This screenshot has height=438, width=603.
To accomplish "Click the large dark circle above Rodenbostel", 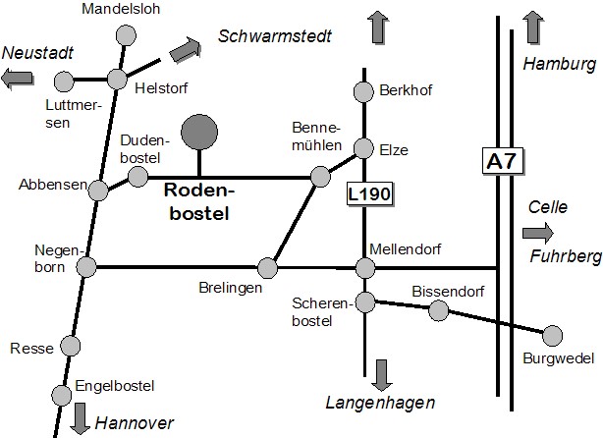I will (x=200, y=132).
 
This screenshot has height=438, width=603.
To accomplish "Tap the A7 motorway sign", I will (x=500, y=161).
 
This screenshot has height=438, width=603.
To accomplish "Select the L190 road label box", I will (x=369, y=194).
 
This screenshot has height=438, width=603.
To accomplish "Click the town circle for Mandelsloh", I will (x=126, y=35).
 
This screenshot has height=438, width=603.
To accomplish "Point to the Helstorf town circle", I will (x=118, y=80).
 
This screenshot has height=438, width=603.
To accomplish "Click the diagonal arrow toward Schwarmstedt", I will (x=183, y=48).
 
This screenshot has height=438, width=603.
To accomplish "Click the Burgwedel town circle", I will (x=553, y=336).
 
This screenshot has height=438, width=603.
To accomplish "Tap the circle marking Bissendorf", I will (x=439, y=310).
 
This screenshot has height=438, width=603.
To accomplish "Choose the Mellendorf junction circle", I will (x=365, y=267).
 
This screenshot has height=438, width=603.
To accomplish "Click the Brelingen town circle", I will (x=267, y=267).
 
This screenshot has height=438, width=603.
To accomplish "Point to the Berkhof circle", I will (x=363, y=91).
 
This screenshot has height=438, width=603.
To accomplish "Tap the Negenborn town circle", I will (x=86, y=266).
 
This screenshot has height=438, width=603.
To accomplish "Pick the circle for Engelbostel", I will (x=61, y=395).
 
